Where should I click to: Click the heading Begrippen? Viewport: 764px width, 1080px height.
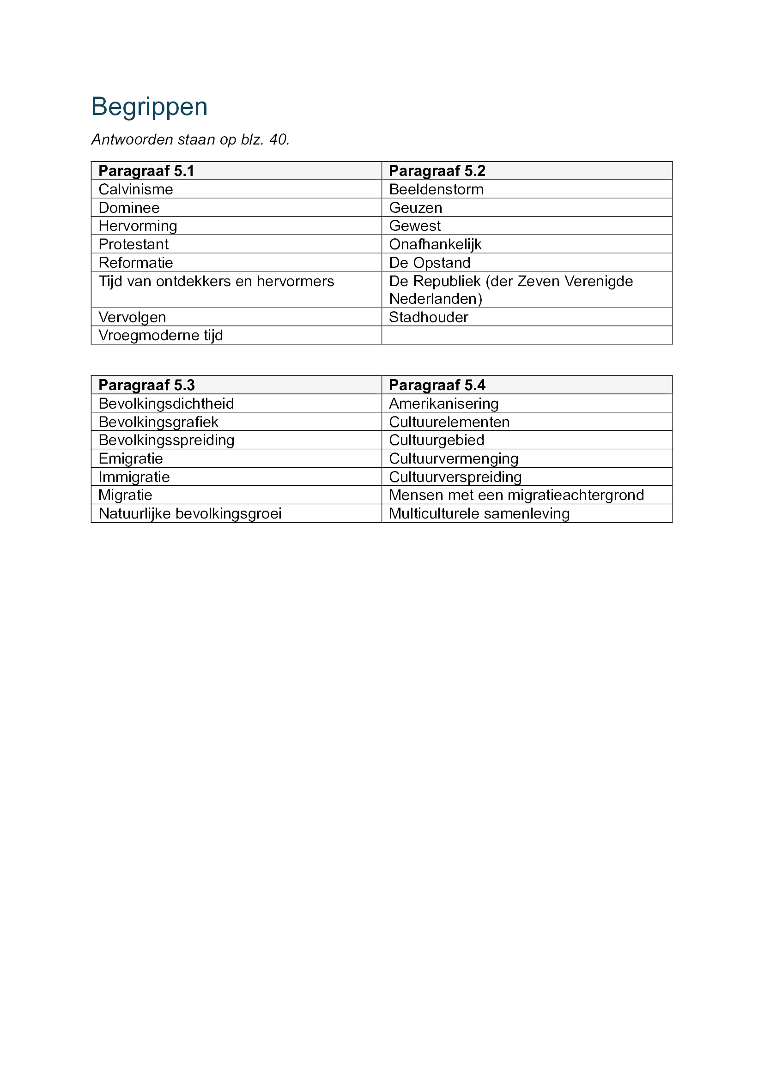click(x=149, y=107)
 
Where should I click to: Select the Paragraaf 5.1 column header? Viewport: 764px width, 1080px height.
click(x=146, y=171)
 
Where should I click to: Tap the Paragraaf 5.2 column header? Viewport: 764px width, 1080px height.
click(x=437, y=171)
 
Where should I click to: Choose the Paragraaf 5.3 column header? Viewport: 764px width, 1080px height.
click(x=146, y=385)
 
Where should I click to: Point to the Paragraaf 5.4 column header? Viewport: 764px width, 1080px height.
click(x=437, y=385)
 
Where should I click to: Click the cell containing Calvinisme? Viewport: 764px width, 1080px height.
click(x=135, y=189)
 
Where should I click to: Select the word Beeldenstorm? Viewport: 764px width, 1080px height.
click(x=436, y=189)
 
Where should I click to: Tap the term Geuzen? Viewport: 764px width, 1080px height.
click(x=415, y=207)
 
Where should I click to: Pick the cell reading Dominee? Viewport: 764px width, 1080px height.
click(x=129, y=207)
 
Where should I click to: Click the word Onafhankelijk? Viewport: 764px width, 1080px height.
click(x=435, y=244)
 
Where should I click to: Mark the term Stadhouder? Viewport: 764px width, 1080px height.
click(x=428, y=317)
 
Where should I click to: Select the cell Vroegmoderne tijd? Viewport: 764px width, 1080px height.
click(x=160, y=335)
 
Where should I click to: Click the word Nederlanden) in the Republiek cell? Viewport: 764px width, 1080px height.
click(x=436, y=299)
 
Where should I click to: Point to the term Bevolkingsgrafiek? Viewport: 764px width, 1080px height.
click(x=158, y=422)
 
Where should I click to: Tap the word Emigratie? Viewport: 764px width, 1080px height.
click(x=130, y=458)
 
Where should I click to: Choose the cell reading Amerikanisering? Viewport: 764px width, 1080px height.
click(x=443, y=404)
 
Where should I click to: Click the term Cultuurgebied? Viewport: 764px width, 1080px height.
click(x=437, y=440)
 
